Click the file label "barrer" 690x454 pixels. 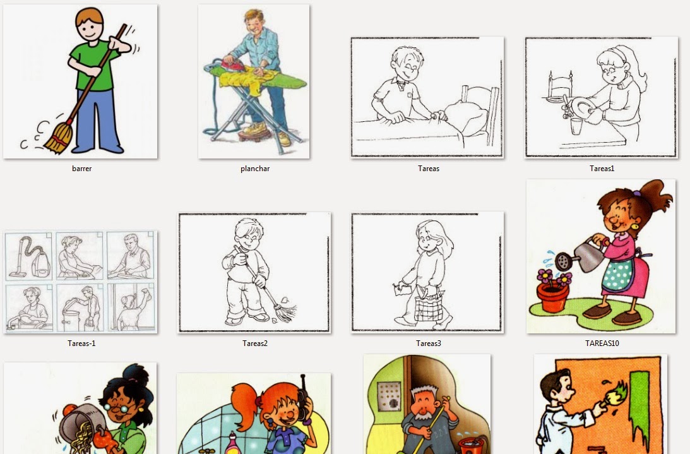click(82, 168)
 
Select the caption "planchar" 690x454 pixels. click(255, 168)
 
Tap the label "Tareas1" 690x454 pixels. click(602, 168)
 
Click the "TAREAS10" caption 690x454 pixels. click(602, 343)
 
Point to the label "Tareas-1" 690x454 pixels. click(81, 343)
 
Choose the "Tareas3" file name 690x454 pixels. click(428, 343)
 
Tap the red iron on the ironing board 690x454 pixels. click(232, 64)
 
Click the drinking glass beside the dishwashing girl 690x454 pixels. click(576, 126)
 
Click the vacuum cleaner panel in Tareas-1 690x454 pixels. click(28, 256)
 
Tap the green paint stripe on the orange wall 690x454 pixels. click(640, 405)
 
